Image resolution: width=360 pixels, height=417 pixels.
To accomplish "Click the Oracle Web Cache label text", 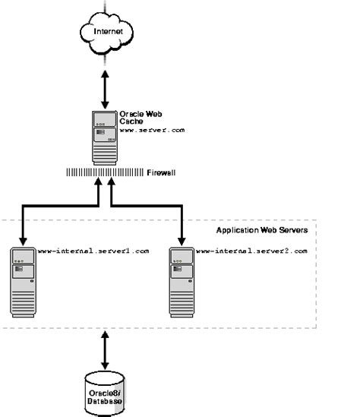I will [x=137, y=117].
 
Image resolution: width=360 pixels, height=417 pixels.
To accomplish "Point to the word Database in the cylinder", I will [x=105, y=400].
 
